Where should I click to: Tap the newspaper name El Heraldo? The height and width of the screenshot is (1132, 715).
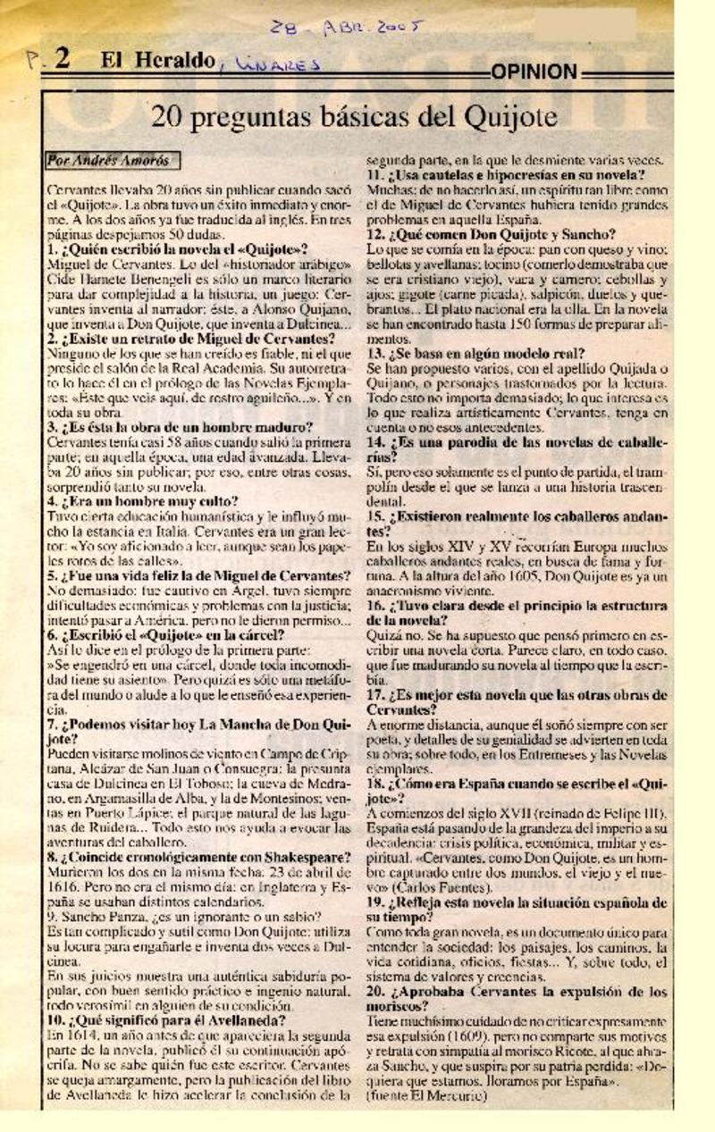[157, 61]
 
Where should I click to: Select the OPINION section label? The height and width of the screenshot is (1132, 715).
[534, 71]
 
